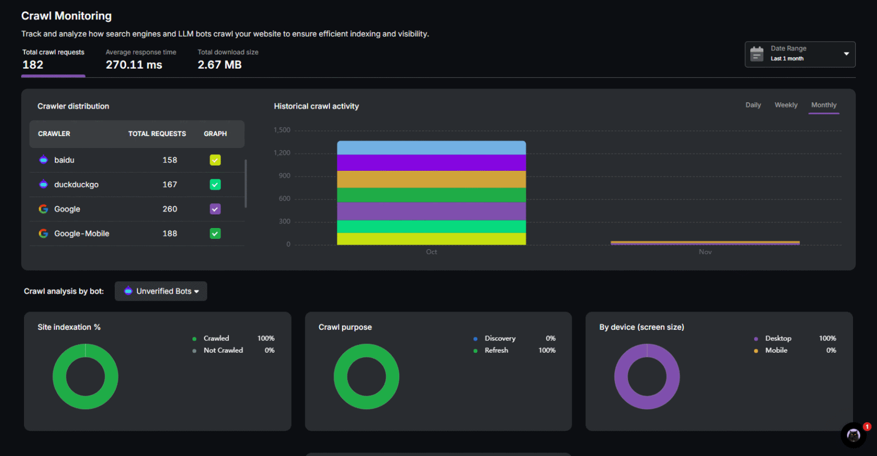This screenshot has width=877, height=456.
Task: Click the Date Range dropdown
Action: click(x=799, y=54)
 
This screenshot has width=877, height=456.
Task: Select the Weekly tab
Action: click(x=786, y=105)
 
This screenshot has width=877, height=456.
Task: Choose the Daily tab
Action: click(x=753, y=105)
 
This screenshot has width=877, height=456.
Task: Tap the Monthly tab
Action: click(x=823, y=105)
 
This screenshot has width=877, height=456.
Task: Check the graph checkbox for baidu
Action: click(x=215, y=160)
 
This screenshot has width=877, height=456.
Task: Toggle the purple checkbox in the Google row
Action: click(x=215, y=209)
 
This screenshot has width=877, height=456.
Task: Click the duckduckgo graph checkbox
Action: click(x=215, y=185)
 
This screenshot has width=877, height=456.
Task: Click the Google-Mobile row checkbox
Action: click(x=215, y=234)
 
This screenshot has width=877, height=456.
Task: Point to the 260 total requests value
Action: click(x=170, y=209)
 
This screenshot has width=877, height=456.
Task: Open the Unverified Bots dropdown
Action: click(x=161, y=291)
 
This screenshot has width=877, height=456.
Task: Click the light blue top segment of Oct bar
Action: click(x=431, y=148)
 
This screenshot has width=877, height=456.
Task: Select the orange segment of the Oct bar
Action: click(x=431, y=179)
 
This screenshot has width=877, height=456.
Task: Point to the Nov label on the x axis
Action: click(x=705, y=252)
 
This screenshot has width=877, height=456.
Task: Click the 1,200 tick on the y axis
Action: click(x=281, y=153)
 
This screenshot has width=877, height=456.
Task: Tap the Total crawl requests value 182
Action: click(x=33, y=65)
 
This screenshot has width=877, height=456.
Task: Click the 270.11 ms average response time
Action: click(x=134, y=65)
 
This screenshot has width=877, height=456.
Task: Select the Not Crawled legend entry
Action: click(x=223, y=350)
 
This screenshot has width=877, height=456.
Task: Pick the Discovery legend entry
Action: click(x=500, y=338)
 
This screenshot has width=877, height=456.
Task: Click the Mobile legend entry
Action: click(x=776, y=350)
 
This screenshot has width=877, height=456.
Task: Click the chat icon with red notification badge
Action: click(x=854, y=435)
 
